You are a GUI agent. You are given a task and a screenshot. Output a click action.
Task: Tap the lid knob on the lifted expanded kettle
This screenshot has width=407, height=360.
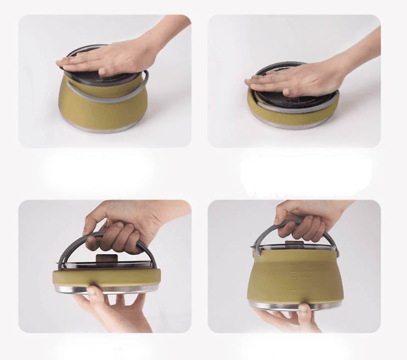click(297, 242)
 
